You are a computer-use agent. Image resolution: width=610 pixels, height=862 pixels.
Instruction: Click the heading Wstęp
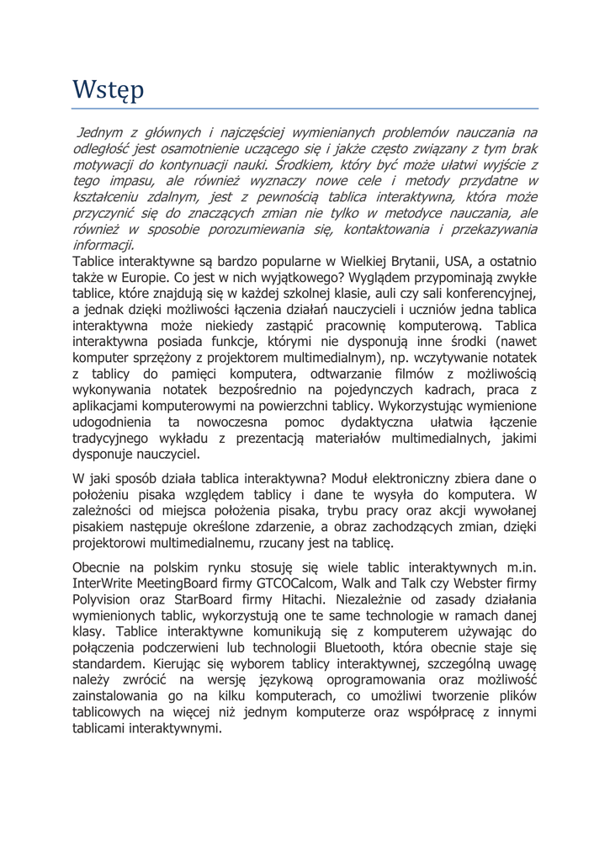pos(108,88)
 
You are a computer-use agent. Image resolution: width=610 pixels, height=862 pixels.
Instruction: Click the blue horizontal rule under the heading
pos(305,109)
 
